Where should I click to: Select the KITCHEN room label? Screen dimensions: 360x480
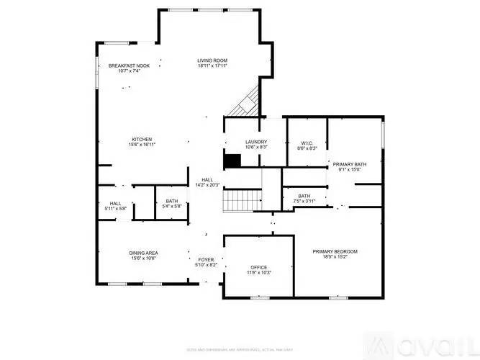(142, 139)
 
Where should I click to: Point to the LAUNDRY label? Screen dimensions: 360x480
(256, 142)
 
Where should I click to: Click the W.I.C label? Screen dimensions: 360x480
(307, 143)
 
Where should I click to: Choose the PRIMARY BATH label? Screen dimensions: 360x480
(350, 164)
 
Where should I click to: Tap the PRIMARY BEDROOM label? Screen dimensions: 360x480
(335, 251)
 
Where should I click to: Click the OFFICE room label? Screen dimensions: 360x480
(259, 266)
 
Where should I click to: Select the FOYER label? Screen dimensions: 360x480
(207, 259)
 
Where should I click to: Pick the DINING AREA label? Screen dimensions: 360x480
(143, 253)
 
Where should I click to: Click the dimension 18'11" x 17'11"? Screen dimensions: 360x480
(212, 66)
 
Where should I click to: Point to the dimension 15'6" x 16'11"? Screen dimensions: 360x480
(142, 145)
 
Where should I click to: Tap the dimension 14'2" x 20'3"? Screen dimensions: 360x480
(207, 185)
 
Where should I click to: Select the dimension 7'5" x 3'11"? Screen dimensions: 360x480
(304, 201)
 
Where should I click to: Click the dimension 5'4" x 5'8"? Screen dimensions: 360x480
(172, 207)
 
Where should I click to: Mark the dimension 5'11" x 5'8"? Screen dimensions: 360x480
(115, 209)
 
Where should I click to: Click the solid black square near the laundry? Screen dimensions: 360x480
(232, 161)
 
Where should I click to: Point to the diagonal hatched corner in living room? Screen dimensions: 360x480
(245, 103)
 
